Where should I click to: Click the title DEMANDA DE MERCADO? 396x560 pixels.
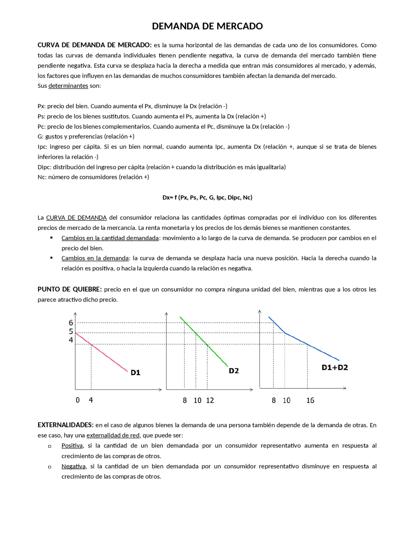(207, 26)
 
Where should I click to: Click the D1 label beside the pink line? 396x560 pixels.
(136, 373)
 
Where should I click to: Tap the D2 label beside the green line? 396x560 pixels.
(234, 371)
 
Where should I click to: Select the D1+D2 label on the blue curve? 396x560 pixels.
(335, 367)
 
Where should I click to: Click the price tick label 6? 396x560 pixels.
(71, 323)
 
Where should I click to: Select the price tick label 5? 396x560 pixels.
(71, 331)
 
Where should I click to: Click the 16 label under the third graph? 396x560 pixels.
(310, 400)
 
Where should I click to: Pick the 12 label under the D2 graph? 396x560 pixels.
(210, 400)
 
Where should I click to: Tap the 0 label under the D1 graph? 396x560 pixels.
(78, 400)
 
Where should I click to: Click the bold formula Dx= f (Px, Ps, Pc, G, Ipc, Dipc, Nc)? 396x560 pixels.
(207, 198)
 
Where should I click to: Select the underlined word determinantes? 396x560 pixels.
(68, 86)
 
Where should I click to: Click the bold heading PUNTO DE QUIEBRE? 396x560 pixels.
(70, 289)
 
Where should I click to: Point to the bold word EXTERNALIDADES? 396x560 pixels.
(66, 425)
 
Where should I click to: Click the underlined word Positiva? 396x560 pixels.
(72, 446)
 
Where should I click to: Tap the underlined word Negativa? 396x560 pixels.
(73, 466)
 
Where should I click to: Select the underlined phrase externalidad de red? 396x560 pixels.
(113, 435)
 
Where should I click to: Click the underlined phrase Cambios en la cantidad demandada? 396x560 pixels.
(110, 238)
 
